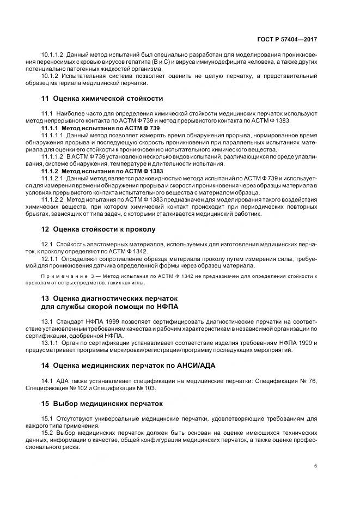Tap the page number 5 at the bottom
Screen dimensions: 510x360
316,465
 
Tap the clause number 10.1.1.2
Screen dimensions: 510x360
53,55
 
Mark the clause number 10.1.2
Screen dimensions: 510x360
50,76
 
